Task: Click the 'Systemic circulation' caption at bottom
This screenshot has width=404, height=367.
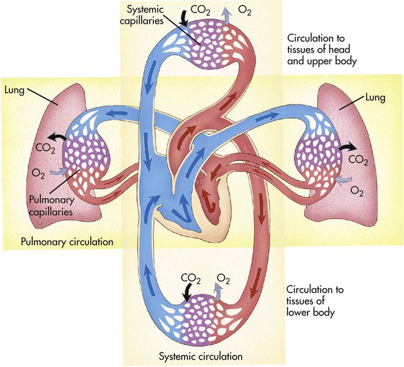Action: click(200, 356)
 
